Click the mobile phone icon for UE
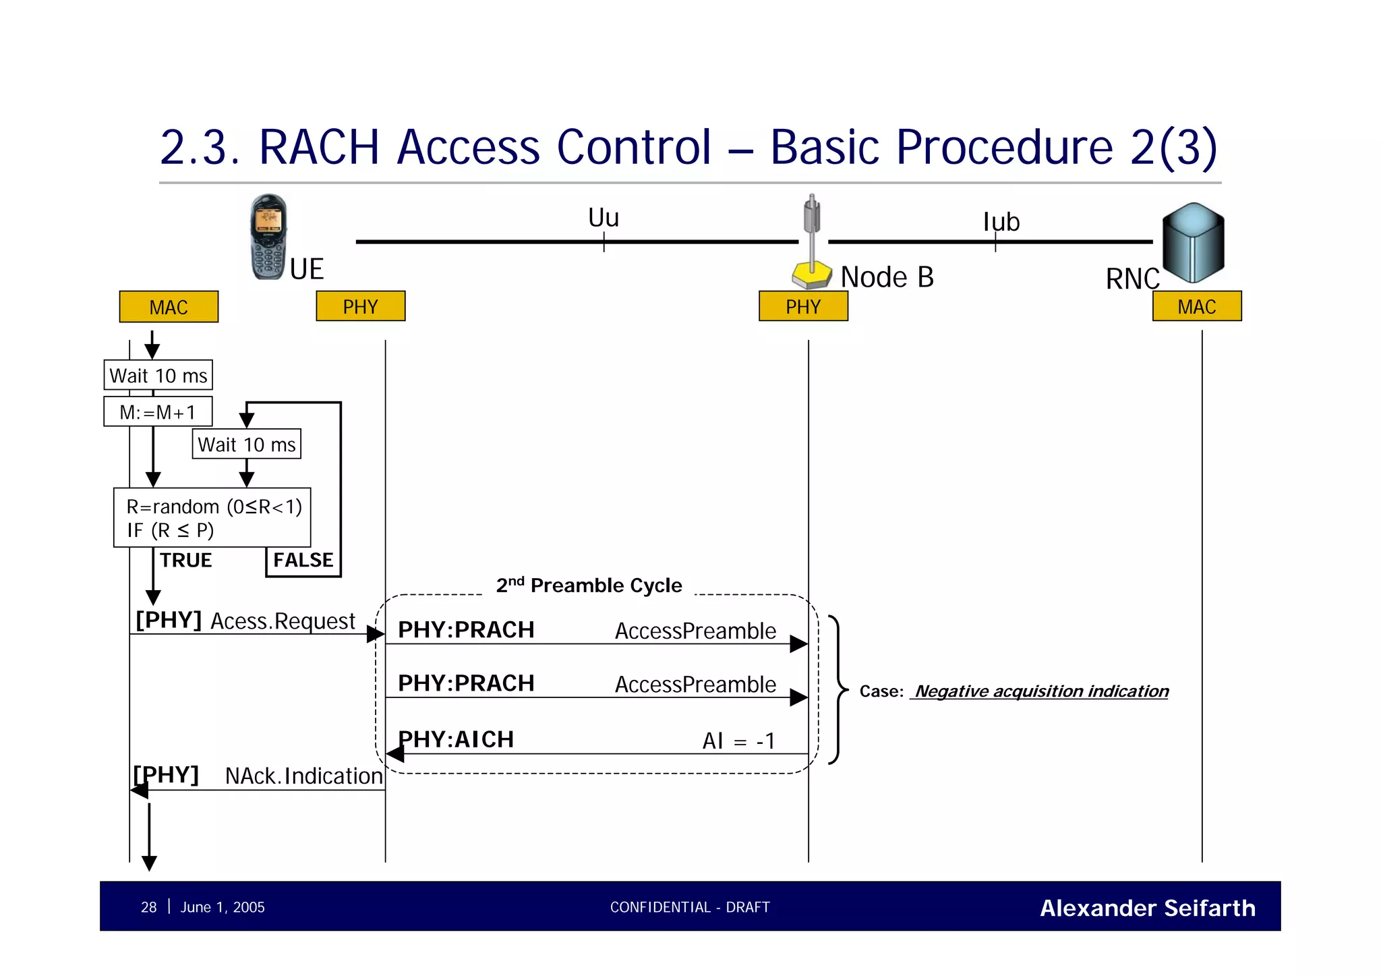click(x=268, y=237)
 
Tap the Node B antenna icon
click(x=812, y=243)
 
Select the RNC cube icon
click(x=1193, y=243)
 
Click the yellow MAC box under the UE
click(x=169, y=307)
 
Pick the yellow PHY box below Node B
click(x=803, y=306)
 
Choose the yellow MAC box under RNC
click(x=1196, y=306)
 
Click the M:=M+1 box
click(x=158, y=411)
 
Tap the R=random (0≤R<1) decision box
click(x=212, y=517)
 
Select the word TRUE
click(x=185, y=560)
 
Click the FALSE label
click(x=303, y=560)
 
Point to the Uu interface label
click(x=603, y=218)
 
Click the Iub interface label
click(x=1001, y=222)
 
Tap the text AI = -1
click(x=738, y=741)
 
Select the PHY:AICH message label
click(x=456, y=739)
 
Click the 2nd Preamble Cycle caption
click(x=589, y=585)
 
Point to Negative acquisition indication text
click(x=1040, y=691)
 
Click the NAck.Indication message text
click(x=303, y=776)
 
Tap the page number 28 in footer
click(x=148, y=907)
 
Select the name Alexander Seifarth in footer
click(x=1147, y=908)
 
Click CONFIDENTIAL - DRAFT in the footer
click(x=689, y=907)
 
